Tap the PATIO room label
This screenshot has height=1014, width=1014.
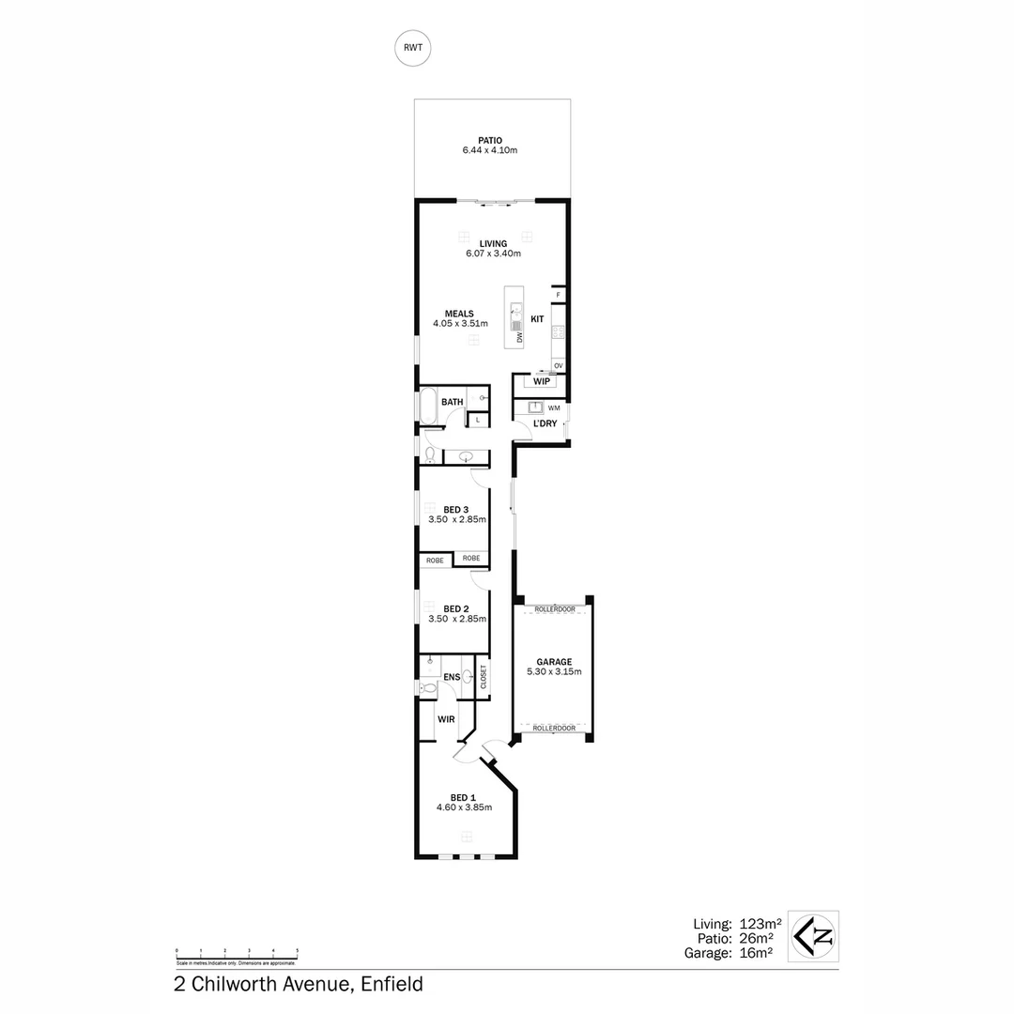(489, 141)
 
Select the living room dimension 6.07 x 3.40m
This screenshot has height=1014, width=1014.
(493, 253)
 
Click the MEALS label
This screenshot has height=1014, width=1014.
(459, 314)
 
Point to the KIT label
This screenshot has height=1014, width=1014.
(537, 319)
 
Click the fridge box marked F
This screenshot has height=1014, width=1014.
(558, 295)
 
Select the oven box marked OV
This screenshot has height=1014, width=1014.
(558, 365)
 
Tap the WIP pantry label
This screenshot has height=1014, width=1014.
(541, 382)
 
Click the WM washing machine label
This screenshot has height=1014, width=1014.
(554, 407)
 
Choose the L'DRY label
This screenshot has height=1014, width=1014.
(545, 423)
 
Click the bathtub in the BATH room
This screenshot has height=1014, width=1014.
(427, 407)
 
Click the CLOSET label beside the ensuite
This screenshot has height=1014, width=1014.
(484, 677)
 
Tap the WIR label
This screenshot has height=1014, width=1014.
(446, 719)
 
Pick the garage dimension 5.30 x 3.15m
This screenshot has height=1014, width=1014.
(554, 671)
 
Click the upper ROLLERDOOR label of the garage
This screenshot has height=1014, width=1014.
(554, 609)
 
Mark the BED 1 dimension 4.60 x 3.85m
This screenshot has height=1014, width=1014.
(464, 807)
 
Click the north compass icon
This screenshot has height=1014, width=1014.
(813, 936)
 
